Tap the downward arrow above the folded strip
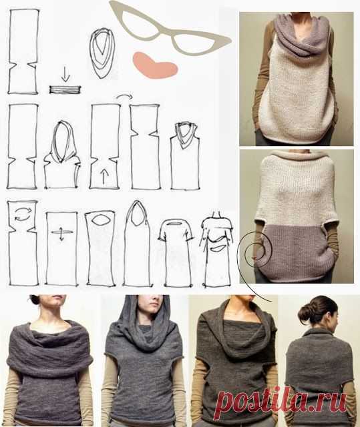click(x=65, y=74)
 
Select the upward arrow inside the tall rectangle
click(x=104, y=176)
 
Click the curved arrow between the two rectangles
click(x=124, y=96)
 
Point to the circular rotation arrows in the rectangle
click(x=23, y=213)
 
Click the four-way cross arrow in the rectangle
click(x=62, y=232)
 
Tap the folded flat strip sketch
click(x=65, y=89)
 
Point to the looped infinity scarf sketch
click(x=102, y=53)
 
